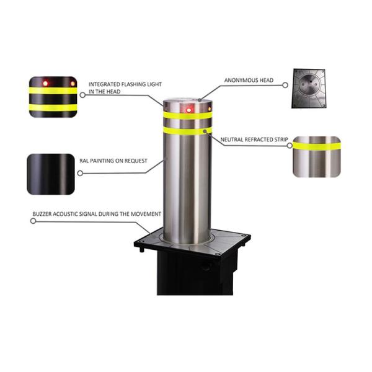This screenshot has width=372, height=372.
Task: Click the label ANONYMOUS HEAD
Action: pyautogui.click(x=249, y=81)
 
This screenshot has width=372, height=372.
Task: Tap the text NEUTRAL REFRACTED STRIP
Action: pyautogui.click(x=254, y=139)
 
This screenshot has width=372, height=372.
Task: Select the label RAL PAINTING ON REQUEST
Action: pyautogui.click(x=113, y=161)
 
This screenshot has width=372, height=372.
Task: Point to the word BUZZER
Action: pyautogui.click(x=42, y=214)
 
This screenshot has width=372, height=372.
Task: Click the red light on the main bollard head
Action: pyautogui.click(x=188, y=110)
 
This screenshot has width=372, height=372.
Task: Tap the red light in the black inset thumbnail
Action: pyautogui.click(x=45, y=84)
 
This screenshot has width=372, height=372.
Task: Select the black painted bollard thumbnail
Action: pyautogui.click(x=51, y=174)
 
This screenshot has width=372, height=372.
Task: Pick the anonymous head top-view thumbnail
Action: pyautogui.click(x=308, y=89)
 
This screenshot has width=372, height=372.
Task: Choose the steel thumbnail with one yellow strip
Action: pyautogui.click(x=317, y=157)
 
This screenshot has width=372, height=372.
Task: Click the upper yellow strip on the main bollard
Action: pyautogui.click(x=187, y=115)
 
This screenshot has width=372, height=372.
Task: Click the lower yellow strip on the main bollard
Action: pyautogui.click(x=187, y=130)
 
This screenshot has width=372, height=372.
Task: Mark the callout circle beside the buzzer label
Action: pyautogui.click(x=33, y=221)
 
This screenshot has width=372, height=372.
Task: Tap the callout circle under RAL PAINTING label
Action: pyautogui.click(x=80, y=173)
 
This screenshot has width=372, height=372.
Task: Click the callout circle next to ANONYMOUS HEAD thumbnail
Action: pyautogui.click(x=285, y=85)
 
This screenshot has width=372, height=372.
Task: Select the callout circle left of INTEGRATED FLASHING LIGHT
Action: pyautogui.click(x=82, y=95)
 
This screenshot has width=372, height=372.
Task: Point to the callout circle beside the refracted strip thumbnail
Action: pyautogui.click(x=290, y=146)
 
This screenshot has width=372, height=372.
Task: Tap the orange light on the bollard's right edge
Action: pyautogui.click(x=210, y=109)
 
